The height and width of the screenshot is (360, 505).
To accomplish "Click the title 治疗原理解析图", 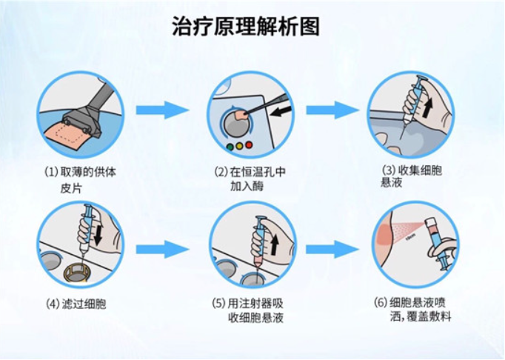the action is [246, 26].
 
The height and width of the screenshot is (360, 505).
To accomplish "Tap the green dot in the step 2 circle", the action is [230, 147].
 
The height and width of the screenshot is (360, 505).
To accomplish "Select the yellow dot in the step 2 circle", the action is [239, 146].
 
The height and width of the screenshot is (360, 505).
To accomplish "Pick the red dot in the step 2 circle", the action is [249, 144].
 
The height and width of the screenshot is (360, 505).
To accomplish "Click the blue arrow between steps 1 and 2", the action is [162, 110].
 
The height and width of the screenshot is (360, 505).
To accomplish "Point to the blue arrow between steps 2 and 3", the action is [332, 110].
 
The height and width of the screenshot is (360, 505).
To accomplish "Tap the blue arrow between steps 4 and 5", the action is [162, 249].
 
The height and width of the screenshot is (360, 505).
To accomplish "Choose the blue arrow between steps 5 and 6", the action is [332, 249].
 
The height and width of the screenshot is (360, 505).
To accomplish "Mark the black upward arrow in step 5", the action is [274, 242].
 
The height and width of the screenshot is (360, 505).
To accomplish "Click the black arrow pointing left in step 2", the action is [281, 112].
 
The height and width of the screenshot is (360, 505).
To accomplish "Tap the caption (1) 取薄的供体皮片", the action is [80, 179].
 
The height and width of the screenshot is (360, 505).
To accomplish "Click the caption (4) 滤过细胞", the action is [76, 304].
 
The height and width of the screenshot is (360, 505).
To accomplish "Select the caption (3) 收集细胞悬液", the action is [412, 176].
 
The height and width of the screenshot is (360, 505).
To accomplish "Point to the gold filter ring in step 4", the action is [77, 273].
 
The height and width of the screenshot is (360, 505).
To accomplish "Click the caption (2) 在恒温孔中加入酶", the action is [250, 179].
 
